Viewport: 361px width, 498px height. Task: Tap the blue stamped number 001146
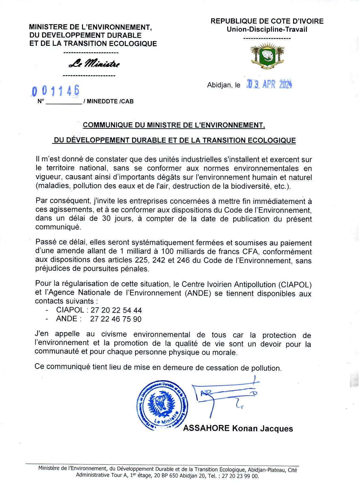56,91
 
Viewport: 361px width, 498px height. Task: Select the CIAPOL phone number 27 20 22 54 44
116,310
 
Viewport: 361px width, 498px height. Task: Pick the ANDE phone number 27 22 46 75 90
116,319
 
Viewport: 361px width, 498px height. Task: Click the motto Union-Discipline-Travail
267,30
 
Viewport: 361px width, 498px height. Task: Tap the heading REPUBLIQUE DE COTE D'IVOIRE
267,21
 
